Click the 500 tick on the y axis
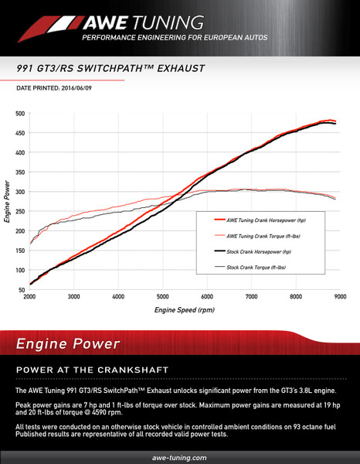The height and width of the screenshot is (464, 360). coord(20,114)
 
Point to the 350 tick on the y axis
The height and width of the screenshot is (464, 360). coord(20,172)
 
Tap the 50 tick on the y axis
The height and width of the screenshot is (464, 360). coord(22,290)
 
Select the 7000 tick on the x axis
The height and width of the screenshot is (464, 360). coord(251,296)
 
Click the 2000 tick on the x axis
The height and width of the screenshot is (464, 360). coord(29,296)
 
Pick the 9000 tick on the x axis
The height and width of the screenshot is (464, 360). coord(340,296)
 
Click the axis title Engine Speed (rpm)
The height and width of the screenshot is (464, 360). coord(185,310)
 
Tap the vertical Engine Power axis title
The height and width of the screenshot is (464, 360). coord(7,202)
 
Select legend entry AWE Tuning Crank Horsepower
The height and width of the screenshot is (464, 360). coord(260,220)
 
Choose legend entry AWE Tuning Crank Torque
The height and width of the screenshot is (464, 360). coord(257,236)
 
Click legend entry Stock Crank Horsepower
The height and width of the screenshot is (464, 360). coord(253,252)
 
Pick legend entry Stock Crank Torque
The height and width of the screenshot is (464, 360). coord(250,268)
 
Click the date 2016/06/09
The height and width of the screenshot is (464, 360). coord(76,88)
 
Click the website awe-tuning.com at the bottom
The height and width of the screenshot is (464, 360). coord(179,458)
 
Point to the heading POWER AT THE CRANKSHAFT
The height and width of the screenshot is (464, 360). coord(92,370)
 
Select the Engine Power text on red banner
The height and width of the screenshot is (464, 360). coord(68,344)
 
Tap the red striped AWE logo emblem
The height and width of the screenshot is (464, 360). coord(51,29)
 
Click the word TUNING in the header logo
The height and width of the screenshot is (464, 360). coord(168,22)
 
